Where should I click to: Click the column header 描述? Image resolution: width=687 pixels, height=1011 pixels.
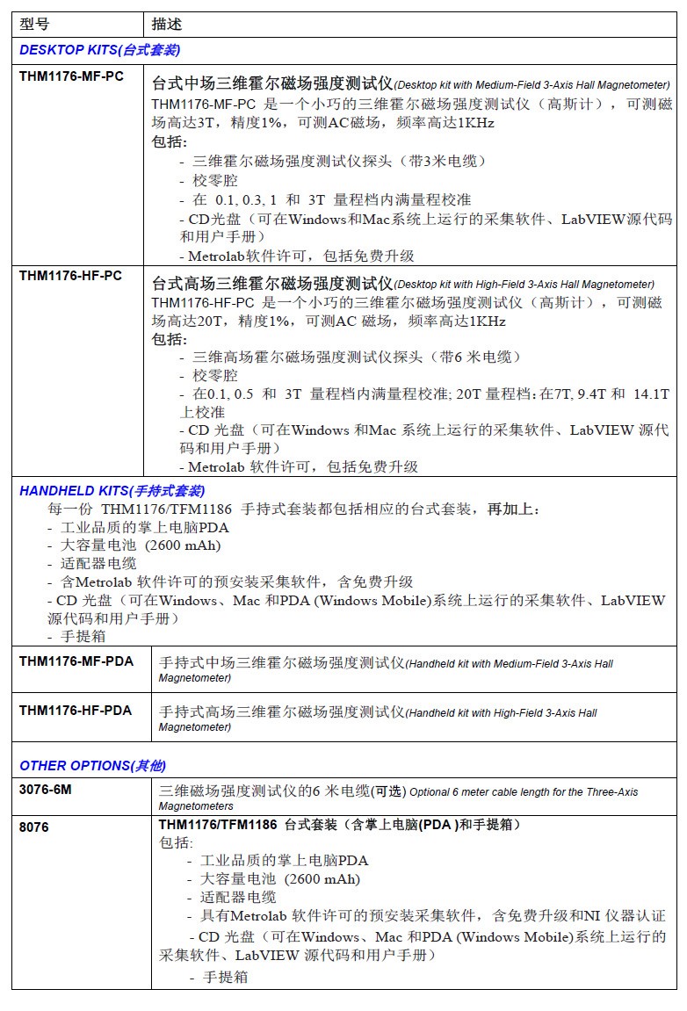167,24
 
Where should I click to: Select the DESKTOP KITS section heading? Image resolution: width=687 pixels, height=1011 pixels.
100,50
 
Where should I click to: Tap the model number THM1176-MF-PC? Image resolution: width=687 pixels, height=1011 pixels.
71,76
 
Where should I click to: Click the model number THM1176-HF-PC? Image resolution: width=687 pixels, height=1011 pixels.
70,276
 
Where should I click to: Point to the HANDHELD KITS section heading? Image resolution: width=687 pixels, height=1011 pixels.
112,491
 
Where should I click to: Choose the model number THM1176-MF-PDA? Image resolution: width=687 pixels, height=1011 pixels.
76,661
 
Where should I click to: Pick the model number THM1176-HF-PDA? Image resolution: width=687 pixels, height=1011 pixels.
76,710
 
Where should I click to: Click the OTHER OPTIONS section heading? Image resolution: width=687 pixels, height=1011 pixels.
92,766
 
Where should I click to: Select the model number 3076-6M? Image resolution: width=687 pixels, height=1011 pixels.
46,790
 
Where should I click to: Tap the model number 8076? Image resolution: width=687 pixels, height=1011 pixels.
34,827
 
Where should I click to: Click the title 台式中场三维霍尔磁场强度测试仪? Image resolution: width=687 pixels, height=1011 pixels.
272,84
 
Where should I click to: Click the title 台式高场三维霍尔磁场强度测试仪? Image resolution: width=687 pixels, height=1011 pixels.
272,284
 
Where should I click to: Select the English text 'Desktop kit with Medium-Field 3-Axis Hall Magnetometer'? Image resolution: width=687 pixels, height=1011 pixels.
532,85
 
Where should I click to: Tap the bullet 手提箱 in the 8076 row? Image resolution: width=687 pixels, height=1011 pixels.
226,977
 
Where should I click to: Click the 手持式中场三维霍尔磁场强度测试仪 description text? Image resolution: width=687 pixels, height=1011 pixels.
280,662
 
